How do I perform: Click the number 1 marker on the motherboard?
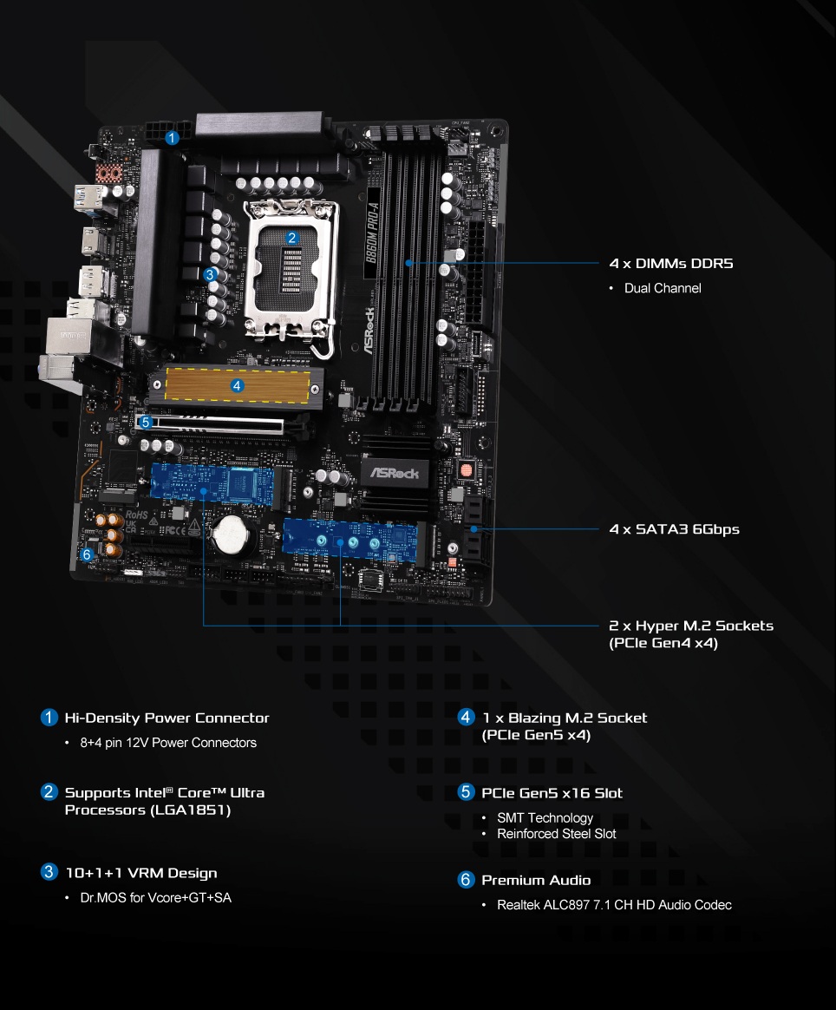pyautogui.click(x=171, y=138)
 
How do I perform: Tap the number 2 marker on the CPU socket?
pyautogui.click(x=291, y=239)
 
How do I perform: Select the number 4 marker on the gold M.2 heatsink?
pyautogui.click(x=237, y=386)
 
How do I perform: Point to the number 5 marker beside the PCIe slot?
pyautogui.click(x=146, y=422)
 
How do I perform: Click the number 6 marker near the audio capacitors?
pyautogui.click(x=87, y=554)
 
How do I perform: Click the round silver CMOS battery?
pyautogui.click(x=232, y=535)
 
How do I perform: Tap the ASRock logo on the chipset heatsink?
pyautogui.click(x=395, y=474)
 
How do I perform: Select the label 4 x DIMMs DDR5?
pyautogui.click(x=671, y=264)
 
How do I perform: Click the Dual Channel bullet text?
pyautogui.click(x=663, y=288)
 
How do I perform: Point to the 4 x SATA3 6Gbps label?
pyautogui.click(x=675, y=529)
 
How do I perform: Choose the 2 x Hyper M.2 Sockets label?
pyautogui.click(x=691, y=626)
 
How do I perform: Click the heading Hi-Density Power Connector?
pyautogui.click(x=167, y=718)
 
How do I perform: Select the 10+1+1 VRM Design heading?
pyautogui.click(x=141, y=874)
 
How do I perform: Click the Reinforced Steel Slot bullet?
pyautogui.click(x=556, y=834)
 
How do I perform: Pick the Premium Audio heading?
pyautogui.click(x=536, y=881)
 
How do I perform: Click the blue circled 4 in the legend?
pyautogui.click(x=466, y=717)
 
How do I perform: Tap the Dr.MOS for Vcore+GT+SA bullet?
pyautogui.click(x=155, y=897)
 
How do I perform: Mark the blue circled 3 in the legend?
pyautogui.click(x=49, y=871)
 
